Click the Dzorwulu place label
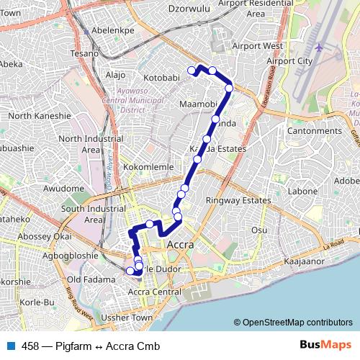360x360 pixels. pyautogui.click(x=186, y=9)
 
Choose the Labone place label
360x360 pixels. pyautogui.click(x=302, y=192)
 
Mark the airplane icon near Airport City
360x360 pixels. pyautogui.click(x=318, y=48)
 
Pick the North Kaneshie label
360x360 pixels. pyautogui.click(x=40, y=115)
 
